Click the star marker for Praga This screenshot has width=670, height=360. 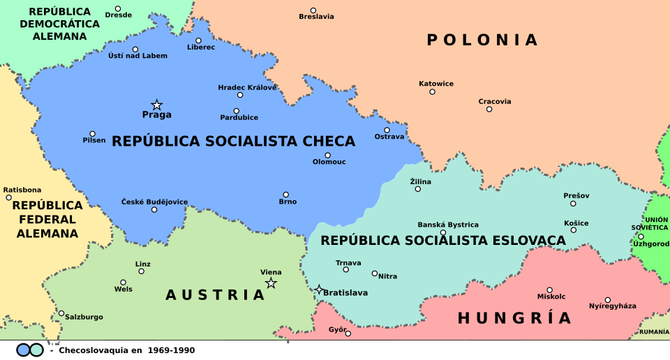tap(157, 105)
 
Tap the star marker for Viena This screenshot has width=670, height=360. tap(271, 283)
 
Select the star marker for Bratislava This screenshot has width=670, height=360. tap(319, 290)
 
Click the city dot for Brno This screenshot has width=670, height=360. tap(285, 195)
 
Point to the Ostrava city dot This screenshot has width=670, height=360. tap(387, 130)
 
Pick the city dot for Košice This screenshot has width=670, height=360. tap(573, 230)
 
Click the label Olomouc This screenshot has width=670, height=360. tap(329, 162)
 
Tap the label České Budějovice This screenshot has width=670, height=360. tap(154, 202)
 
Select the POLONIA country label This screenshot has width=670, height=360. tap(482, 40)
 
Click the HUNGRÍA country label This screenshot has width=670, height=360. tap(514, 318)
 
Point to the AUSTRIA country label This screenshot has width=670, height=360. tap(215, 295)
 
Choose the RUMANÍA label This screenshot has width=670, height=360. tap(654, 331)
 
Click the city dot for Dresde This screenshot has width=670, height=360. tap(118, 8)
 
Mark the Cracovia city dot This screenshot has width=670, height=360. tap(489, 109)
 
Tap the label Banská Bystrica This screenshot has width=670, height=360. tap(448, 225)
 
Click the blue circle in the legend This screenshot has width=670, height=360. tap(24, 350)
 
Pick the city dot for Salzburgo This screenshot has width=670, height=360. tap(61, 313)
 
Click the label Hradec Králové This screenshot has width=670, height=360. tap(247, 87)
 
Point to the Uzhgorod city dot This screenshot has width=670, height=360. tap(641, 237)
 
